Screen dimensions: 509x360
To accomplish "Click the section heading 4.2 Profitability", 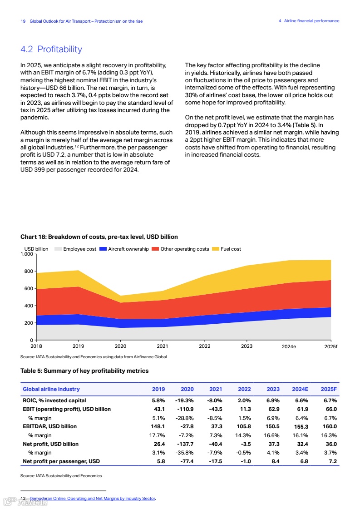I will [51, 49].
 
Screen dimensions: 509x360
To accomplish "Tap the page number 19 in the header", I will [23, 21].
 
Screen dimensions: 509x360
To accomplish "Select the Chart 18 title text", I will [99, 237].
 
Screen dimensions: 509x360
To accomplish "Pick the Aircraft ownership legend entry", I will [128, 249].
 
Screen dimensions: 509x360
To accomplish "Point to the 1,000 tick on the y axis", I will [27, 254].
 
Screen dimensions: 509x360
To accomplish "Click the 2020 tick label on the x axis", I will [120, 346].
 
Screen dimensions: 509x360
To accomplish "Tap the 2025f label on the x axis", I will [331, 347].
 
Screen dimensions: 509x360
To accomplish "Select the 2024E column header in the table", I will [300, 389].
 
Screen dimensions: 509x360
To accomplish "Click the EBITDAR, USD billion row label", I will [50, 426].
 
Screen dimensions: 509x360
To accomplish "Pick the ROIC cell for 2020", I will [184, 400].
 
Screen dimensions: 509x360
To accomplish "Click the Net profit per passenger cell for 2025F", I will [332, 461].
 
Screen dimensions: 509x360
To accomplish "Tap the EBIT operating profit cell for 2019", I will [159, 409].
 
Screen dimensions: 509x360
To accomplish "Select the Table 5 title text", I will [84, 371].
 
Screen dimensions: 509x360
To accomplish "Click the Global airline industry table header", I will [51, 389].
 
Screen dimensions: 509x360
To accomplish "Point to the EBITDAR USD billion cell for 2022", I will [244, 426].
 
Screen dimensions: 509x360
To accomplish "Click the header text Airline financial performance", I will [311, 21].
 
